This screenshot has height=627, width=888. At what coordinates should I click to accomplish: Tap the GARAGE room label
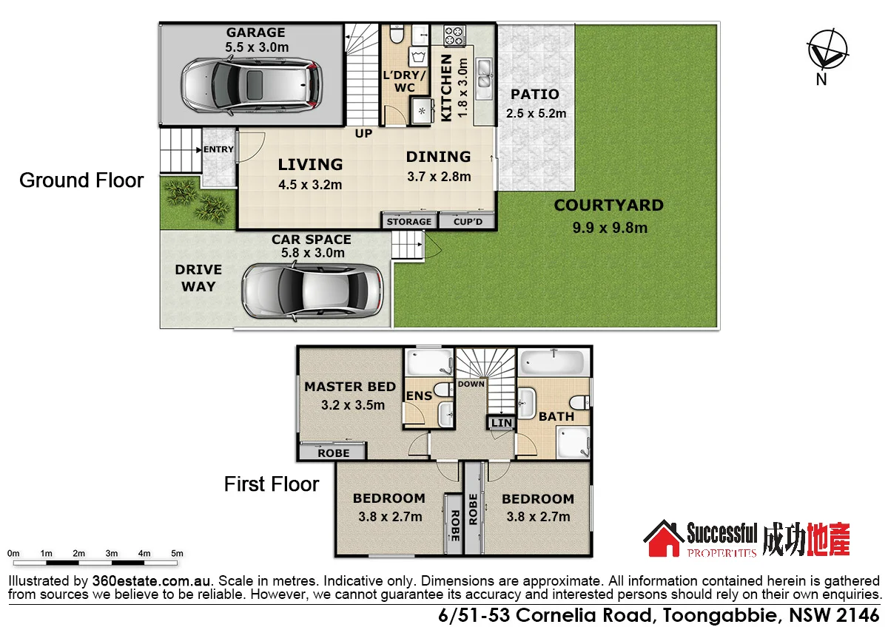255,33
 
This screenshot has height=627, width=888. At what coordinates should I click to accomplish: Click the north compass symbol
827,50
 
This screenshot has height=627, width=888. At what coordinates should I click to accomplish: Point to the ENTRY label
218,150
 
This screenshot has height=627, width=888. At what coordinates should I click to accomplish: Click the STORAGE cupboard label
408,222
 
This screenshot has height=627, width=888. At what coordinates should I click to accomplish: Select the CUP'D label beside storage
467,222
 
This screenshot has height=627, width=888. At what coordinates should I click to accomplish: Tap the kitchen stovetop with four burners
452,35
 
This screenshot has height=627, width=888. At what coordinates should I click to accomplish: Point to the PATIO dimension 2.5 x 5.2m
536,114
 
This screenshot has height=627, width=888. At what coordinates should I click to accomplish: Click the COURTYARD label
608,206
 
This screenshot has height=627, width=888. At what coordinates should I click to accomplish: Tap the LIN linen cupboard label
502,423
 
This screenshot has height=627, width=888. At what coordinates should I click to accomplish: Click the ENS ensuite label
419,396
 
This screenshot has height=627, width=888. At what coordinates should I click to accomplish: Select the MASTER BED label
350,387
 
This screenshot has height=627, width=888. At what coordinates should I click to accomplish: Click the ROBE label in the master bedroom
333,453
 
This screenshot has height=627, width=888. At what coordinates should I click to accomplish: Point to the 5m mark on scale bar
177,554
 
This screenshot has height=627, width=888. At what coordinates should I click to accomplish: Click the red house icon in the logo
663,539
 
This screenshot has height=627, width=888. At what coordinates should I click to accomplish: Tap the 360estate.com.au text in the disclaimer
152,580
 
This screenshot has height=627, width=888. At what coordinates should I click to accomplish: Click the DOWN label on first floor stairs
471,384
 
